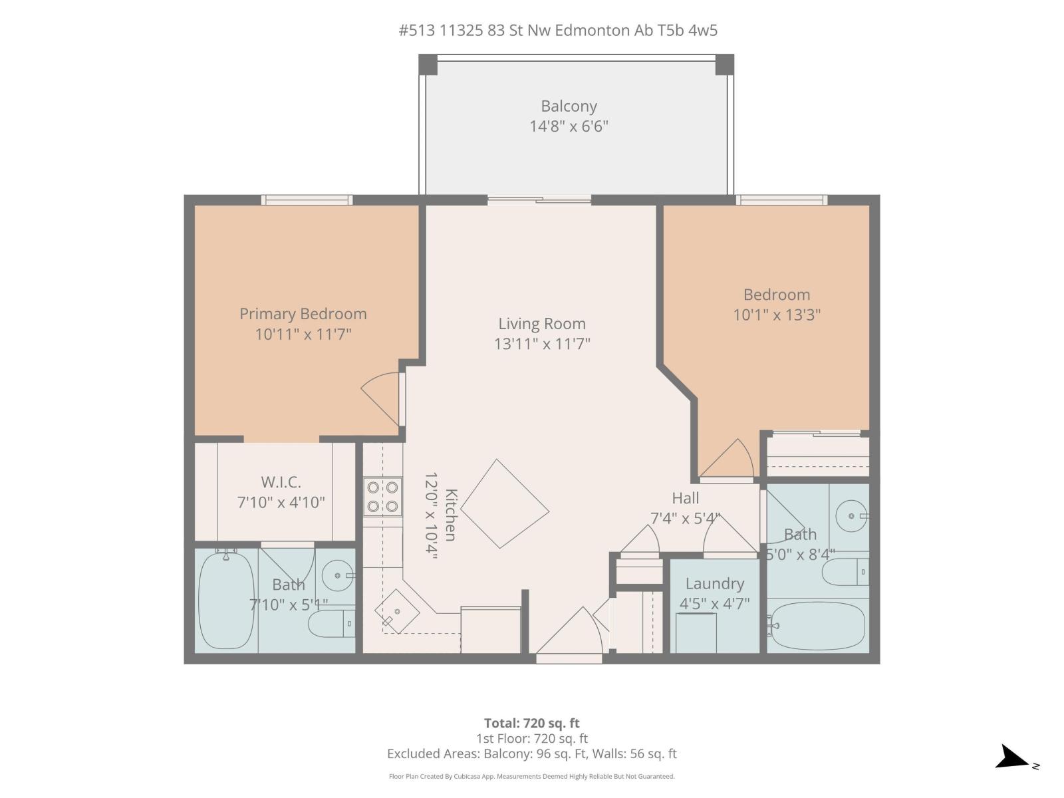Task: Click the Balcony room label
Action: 569,106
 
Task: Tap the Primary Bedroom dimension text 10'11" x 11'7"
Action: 303,334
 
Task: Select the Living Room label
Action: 542,324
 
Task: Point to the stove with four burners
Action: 383,496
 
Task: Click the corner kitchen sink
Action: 397,611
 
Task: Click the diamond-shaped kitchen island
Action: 505,503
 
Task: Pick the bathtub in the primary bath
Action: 226,600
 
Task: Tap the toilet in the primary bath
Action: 331,624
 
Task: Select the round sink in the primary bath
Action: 338,575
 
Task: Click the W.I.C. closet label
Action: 281,482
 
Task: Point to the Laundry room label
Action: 714,584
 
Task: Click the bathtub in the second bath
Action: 817,626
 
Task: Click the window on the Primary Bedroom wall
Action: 307,199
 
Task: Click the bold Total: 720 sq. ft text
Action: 531,723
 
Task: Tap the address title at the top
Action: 558,30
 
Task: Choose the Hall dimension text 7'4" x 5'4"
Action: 685,518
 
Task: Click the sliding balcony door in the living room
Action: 539,199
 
